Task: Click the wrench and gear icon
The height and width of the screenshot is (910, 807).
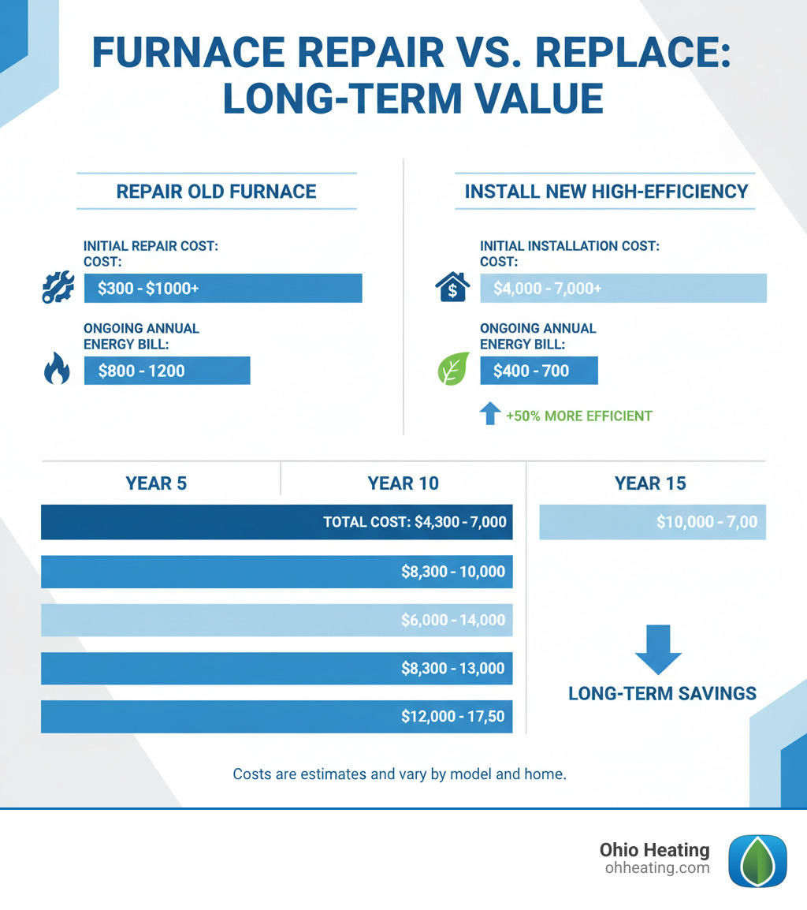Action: [x=57, y=289]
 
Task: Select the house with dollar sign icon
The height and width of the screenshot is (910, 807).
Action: [x=452, y=288]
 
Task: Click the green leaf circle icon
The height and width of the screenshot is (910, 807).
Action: [x=452, y=371]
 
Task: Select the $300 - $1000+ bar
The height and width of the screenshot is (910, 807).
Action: [x=223, y=289]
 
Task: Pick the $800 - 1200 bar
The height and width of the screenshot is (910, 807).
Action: [x=166, y=371]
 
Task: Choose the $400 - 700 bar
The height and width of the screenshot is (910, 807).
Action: [x=538, y=371]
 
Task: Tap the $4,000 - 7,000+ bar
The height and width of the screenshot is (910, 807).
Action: [x=623, y=289]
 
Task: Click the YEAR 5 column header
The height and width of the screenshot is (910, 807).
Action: [x=156, y=483]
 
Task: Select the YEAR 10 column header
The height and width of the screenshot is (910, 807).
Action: [x=403, y=483]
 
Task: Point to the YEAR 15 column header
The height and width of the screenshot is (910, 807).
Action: [x=650, y=483]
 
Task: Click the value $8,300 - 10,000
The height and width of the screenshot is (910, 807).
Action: [x=453, y=572]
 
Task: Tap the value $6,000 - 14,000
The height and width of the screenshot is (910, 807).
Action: [x=453, y=621]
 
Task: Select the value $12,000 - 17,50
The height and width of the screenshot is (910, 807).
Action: [x=453, y=718]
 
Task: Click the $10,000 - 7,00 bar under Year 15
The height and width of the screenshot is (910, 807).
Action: [x=653, y=523]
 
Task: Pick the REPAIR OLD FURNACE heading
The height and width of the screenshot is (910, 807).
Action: [x=216, y=192]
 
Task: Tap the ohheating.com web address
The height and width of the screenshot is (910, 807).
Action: [x=657, y=868]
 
